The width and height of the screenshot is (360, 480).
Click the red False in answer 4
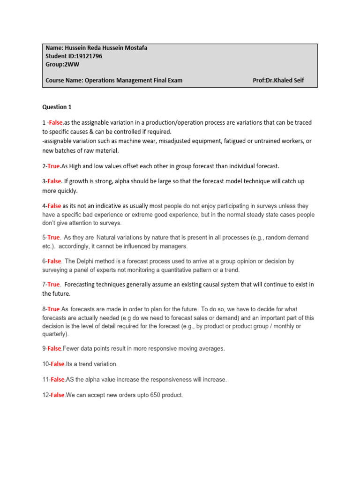coord(54,206)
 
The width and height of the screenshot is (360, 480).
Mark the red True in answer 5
coord(53,238)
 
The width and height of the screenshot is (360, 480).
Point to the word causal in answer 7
coord(219,285)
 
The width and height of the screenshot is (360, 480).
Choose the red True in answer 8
coord(53,309)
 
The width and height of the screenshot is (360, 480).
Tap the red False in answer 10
coord(57,364)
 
